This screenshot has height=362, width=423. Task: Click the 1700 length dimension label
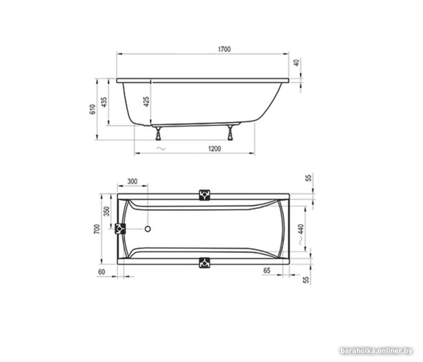pos(224,49)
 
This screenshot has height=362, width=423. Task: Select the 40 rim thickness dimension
pos(297,63)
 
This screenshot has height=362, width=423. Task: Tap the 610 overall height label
pos(93,109)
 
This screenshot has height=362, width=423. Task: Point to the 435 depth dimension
pos(104,102)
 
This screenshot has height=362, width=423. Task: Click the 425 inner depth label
pos(146,102)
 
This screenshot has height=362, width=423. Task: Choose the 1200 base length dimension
pos(215,149)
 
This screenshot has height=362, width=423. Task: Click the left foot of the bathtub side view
pos(158,133)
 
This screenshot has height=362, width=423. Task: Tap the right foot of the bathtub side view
pos(230,132)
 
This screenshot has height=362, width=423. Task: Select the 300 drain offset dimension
pos(132,182)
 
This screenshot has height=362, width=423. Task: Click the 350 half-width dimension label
pos(107,211)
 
